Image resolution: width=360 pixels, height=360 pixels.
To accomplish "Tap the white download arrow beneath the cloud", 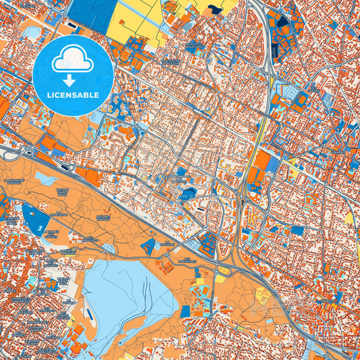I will pyautogui.click(x=73, y=80).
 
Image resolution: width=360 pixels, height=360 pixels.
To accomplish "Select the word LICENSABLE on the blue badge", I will pyautogui.click(x=73, y=95).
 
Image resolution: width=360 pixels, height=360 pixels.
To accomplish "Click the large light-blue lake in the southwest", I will pyautogui.click(x=128, y=297).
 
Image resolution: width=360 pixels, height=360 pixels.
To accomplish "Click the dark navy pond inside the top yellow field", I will pyautogui.click(x=215, y=9).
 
